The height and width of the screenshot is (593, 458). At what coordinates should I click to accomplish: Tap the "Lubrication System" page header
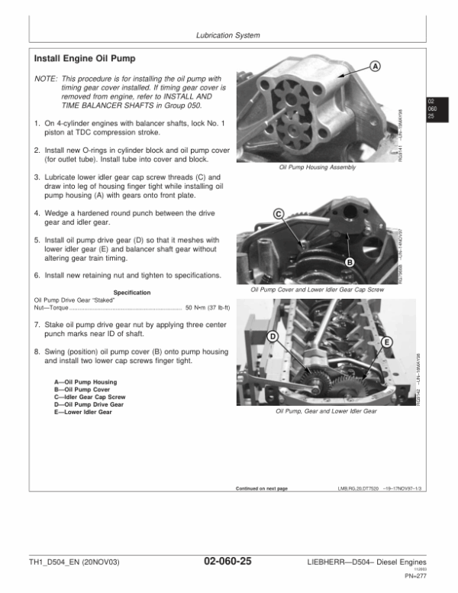tap(227, 35)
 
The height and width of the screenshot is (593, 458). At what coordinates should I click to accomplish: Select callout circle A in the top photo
tap(375, 67)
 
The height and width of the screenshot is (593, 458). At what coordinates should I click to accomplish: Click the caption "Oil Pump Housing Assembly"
tap(318, 167)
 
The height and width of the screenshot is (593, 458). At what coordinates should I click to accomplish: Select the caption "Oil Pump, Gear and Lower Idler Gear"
tap(326, 411)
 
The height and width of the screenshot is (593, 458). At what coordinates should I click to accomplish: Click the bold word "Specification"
tap(131, 293)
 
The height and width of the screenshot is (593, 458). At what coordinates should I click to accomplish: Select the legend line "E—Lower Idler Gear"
tap(83, 412)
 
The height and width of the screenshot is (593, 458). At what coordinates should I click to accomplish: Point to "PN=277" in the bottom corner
tap(416, 578)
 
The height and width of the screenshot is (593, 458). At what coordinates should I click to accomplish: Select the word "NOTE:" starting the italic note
tap(46, 78)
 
